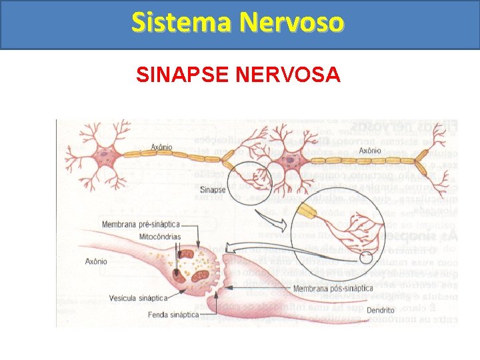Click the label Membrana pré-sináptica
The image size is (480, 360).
(x=141, y=225)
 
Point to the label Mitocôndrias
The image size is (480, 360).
(x=160, y=237)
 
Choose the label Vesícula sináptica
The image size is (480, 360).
(x=136, y=298)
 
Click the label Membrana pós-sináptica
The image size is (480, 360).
(x=333, y=289)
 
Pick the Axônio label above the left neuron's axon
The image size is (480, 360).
(x=161, y=147)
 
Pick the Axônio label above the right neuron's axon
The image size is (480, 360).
(x=370, y=151)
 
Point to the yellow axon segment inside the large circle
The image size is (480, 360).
(x=307, y=213)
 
